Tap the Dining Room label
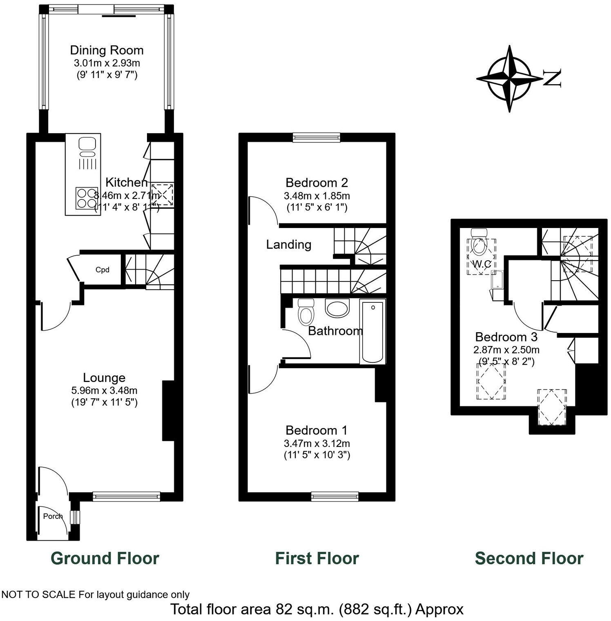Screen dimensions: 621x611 coord(107,50)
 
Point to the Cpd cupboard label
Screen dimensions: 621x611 coord(102,270)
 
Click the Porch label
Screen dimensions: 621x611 coord(53,516)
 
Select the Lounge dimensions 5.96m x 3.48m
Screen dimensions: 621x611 coord(104,390)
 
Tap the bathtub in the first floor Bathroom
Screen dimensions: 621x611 coord(372,331)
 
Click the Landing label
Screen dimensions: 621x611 coord(288,244)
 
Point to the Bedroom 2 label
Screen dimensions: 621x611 coord(317,182)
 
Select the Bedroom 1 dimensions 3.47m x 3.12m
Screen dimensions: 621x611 coord(317,443)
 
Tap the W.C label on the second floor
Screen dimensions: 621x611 coord(482,264)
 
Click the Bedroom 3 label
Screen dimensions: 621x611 coord(506,337)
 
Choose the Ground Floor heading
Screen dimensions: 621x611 coord(105,558)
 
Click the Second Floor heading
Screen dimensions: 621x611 coord(529,558)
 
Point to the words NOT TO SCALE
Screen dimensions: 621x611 coord(39,594)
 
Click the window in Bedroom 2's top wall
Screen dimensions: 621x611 coord(316,138)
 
